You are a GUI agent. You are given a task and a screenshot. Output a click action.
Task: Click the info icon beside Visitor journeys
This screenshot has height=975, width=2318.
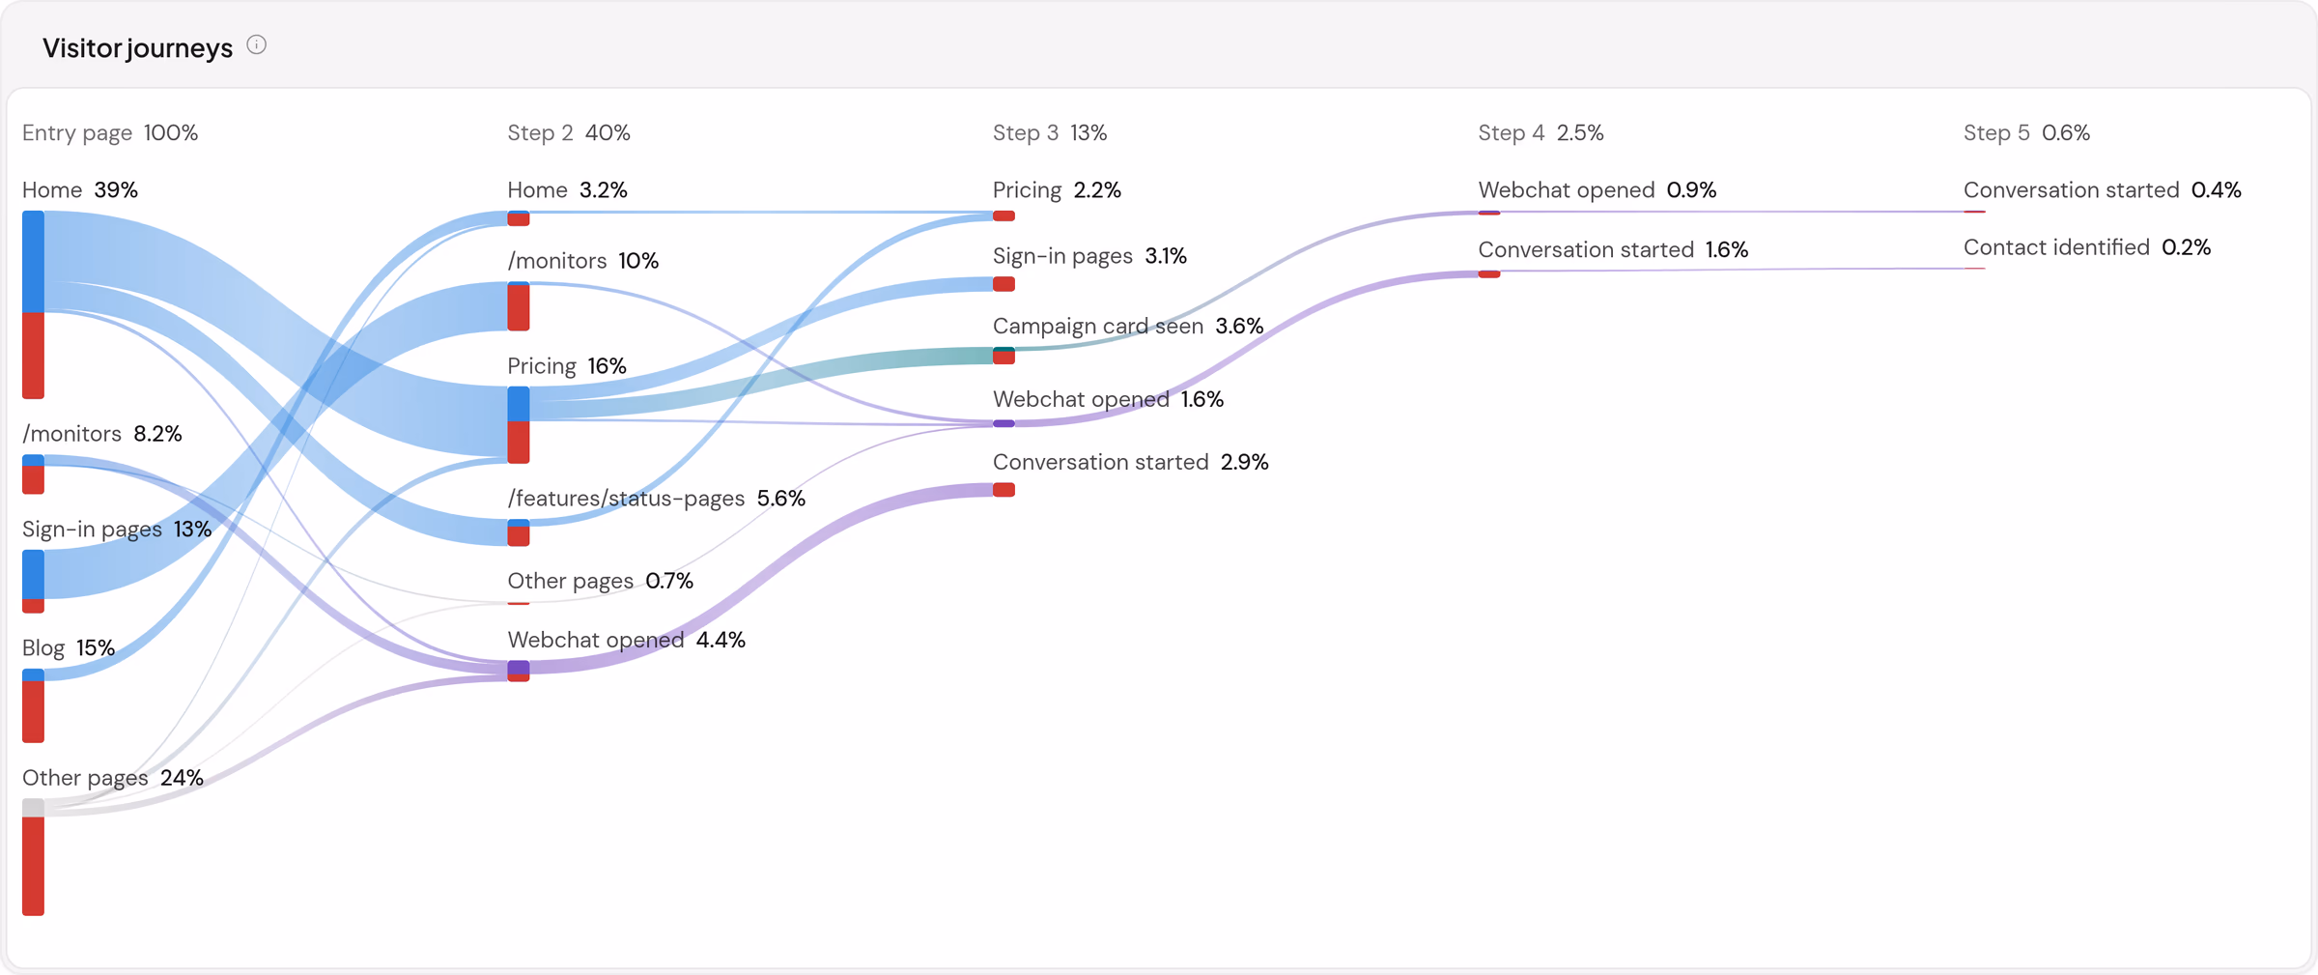coord(256,45)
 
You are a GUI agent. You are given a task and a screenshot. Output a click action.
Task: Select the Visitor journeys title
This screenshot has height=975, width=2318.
coord(138,48)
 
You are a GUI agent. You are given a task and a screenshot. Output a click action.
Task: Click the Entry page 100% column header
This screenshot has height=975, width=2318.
coord(110,132)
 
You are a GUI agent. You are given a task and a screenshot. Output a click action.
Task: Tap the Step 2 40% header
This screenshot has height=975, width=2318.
coord(569,132)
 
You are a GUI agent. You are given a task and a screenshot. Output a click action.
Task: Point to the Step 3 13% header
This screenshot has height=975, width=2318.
coord(1050,132)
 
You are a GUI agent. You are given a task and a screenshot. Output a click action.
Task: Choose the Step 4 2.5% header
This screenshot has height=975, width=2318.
coord(1541,132)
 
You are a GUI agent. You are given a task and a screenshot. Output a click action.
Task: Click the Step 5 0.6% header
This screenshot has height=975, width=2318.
coord(2026,132)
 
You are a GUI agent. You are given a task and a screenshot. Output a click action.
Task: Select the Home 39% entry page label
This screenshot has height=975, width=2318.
coord(80,189)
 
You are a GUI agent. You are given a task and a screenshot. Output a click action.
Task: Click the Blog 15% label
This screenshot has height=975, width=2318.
coord(69,647)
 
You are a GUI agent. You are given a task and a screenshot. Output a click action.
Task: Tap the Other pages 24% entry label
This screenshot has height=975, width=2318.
coord(113,778)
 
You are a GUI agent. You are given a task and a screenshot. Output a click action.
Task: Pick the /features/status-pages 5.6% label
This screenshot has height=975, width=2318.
coord(657,498)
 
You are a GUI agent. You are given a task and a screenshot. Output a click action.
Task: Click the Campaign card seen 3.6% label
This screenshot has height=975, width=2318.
coord(1128,326)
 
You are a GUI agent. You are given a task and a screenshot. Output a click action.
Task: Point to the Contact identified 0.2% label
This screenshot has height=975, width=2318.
coord(2087,247)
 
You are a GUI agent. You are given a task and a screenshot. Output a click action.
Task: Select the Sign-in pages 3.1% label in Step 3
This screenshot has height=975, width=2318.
coord(1089,256)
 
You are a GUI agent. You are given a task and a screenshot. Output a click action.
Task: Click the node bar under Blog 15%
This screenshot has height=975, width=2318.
coord(34,705)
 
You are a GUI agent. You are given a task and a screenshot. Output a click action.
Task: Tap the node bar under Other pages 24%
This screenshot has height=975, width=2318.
coord(34,856)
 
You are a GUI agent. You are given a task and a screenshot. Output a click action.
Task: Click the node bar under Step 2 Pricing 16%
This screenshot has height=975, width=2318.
coord(519,424)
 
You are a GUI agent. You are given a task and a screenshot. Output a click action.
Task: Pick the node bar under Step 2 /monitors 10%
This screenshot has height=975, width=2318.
coord(519,306)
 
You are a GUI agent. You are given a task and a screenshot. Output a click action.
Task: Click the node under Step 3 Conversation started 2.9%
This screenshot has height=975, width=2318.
coord(1004,489)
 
